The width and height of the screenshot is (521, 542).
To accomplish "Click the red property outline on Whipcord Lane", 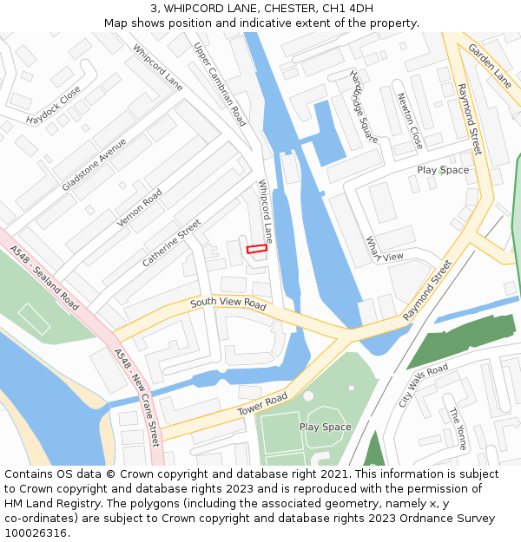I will (x=256, y=249).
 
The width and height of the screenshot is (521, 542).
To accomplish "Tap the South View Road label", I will (x=228, y=304).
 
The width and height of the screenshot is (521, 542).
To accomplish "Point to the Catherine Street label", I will (x=171, y=243).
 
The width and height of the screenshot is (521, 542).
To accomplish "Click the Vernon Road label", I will (x=140, y=209).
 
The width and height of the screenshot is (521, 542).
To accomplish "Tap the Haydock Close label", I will (x=53, y=104).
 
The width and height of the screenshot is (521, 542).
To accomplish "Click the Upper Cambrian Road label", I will (x=220, y=84).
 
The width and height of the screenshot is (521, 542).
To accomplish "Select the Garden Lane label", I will (x=491, y=65).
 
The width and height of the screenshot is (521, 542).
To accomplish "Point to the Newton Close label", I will (x=410, y=121).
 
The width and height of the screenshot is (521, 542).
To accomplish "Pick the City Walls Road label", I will (x=423, y=385).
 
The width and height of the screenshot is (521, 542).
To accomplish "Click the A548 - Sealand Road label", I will (x=44, y=278).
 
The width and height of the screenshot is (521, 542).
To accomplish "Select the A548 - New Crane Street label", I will (x=137, y=396).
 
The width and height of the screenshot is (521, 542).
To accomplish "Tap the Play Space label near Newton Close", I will (x=442, y=170).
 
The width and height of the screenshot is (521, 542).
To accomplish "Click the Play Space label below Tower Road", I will (x=325, y=427).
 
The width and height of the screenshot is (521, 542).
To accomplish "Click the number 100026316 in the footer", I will (x=36, y=533).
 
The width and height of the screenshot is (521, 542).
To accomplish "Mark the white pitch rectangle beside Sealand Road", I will (x=34, y=318).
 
